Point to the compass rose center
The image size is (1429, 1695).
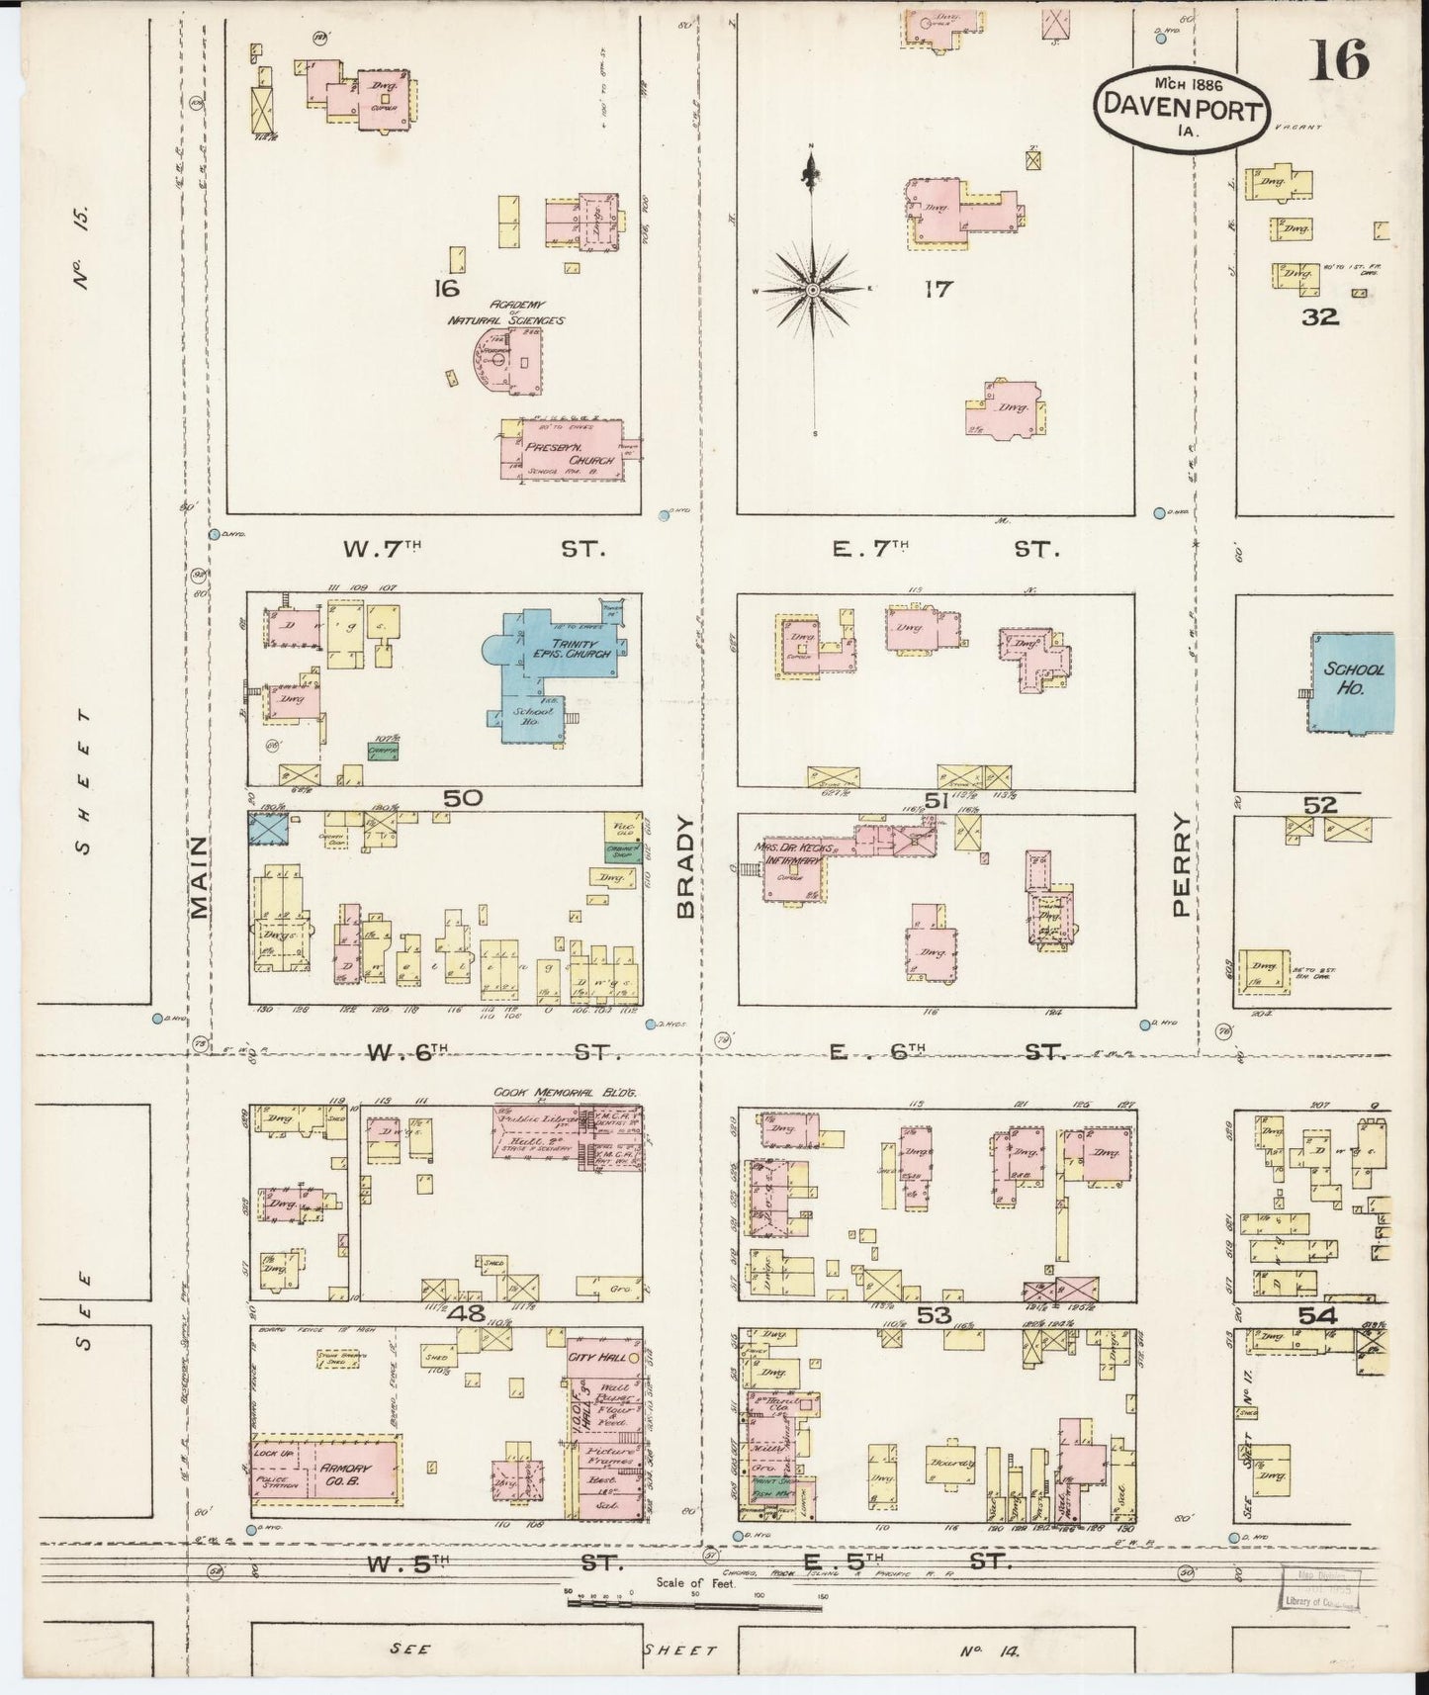(x=812, y=290)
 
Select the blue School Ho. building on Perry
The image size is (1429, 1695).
(x=1354, y=682)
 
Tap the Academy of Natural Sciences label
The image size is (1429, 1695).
(x=505, y=312)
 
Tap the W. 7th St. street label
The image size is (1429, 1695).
(x=473, y=548)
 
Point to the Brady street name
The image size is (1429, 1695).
(x=688, y=867)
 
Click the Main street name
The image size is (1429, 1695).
(x=200, y=877)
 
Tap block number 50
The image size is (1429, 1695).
(x=462, y=797)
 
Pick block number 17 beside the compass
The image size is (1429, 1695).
(x=937, y=289)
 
